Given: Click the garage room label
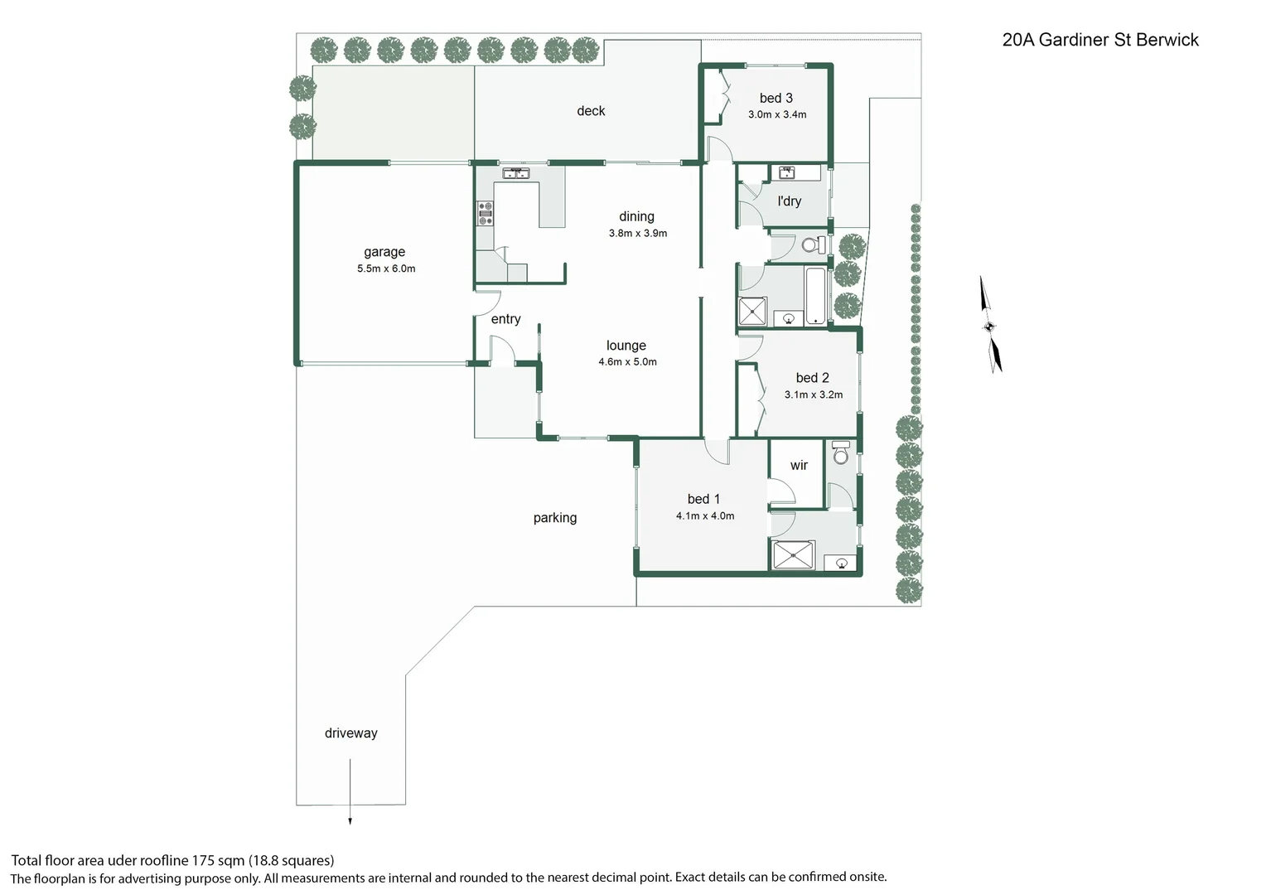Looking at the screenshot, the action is (x=384, y=252).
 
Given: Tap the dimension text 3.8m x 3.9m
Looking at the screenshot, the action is (x=637, y=233).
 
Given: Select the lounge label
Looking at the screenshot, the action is (x=626, y=345).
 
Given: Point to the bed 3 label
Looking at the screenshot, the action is (x=776, y=99).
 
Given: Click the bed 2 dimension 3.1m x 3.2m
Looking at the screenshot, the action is (x=814, y=394).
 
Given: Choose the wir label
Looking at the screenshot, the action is (x=799, y=465).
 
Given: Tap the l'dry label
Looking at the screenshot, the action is (x=789, y=201).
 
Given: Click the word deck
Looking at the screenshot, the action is (x=591, y=111).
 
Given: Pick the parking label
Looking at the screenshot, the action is (x=555, y=518).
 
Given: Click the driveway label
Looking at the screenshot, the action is (x=351, y=733).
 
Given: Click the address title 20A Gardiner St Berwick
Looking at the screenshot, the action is (x=1100, y=40).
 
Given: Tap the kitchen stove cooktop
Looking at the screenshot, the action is (x=485, y=214).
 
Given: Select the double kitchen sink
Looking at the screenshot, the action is (x=515, y=173).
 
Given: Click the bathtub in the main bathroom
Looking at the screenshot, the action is (x=815, y=296).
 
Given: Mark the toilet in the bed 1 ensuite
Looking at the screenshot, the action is (x=841, y=452).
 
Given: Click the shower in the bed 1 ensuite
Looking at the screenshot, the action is (x=794, y=554).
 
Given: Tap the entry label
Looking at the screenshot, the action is (x=506, y=319).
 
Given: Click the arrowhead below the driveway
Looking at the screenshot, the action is (x=350, y=821).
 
